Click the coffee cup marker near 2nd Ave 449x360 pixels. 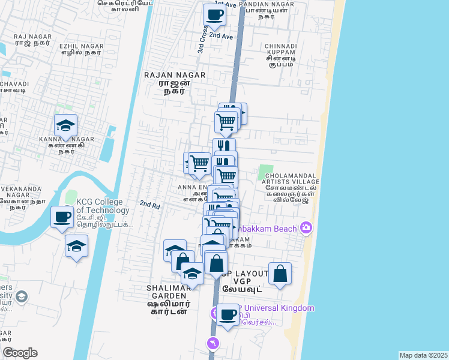(214, 16)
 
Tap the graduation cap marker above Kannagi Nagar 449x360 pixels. (65, 126)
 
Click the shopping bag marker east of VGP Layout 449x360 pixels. (280, 274)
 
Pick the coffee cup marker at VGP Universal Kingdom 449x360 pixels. (228, 314)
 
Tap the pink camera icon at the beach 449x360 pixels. (307, 228)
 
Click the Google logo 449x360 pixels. (20, 353)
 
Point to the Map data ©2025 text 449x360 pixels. (423, 355)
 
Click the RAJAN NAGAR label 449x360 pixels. (175, 76)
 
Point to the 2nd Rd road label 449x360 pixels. (149, 205)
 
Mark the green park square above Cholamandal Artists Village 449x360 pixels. (265, 172)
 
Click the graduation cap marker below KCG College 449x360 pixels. (76, 246)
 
